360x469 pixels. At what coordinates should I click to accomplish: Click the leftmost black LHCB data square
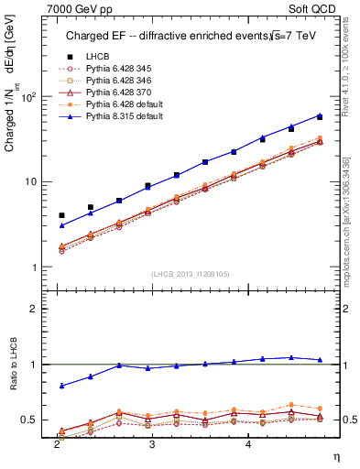tap(61, 215)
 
